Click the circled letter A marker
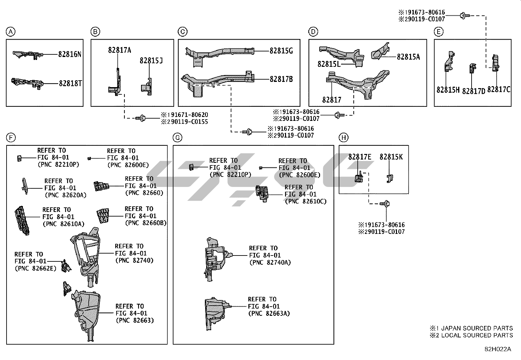[x=11, y=32]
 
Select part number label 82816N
[x=70, y=54]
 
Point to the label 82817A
[x=119, y=50]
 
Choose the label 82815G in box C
[x=281, y=51]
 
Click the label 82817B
[x=281, y=79]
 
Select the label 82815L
[x=329, y=64]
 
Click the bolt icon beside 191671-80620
[x=142, y=118]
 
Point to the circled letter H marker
[x=343, y=138]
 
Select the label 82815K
[x=391, y=157]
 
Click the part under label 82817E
[x=359, y=178]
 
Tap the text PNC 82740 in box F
[x=134, y=260]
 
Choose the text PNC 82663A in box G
[x=269, y=313]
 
